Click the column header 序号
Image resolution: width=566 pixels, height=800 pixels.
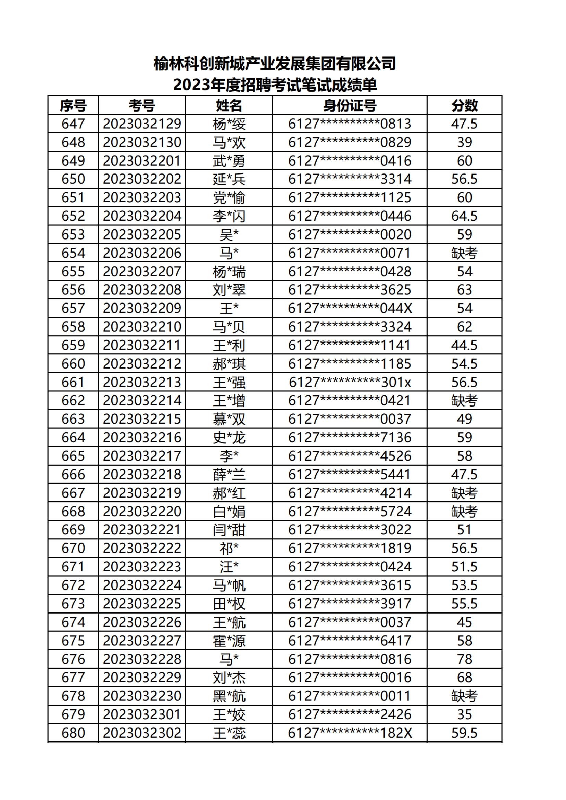[73, 105]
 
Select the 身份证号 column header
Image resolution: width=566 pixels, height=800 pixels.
[350, 105]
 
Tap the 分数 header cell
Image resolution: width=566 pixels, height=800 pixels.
[464, 105]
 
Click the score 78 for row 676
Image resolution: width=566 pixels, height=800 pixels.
[464, 659]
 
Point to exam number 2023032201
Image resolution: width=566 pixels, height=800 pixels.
[142, 160]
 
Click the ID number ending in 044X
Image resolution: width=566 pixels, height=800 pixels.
[350, 308]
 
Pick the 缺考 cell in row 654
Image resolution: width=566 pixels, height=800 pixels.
[464, 253]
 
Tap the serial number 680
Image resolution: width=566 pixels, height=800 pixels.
[73, 733]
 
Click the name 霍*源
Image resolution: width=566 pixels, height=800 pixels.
[229, 641]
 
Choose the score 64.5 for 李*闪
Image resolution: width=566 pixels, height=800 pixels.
[464, 216]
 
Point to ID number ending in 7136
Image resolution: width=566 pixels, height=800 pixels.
[350, 437]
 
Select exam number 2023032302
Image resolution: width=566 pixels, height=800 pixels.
[142, 733]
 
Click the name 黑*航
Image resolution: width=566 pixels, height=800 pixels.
[229, 696]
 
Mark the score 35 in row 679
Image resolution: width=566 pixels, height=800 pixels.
[464, 714]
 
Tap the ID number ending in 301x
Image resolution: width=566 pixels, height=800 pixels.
[350, 382]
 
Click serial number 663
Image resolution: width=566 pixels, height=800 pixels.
[73, 419]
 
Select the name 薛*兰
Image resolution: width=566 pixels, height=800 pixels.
[229, 474]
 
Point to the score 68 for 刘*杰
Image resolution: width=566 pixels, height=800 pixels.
[464, 678]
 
